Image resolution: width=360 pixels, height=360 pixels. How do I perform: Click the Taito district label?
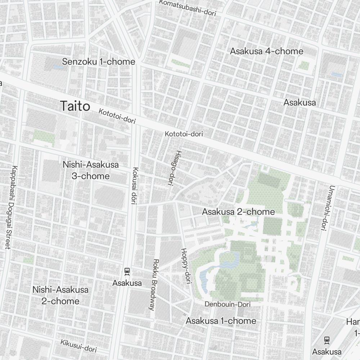point(75,106)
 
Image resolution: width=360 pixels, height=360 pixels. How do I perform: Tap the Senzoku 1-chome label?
point(98,62)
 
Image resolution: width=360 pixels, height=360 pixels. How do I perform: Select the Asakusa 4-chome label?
point(266,51)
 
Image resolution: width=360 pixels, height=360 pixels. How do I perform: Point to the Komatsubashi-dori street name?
point(187,8)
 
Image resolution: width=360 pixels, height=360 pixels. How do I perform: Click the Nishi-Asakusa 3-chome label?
point(90,170)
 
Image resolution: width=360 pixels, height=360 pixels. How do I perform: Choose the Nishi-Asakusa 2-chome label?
point(60,295)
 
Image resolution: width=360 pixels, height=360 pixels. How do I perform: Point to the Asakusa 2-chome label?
point(238,212)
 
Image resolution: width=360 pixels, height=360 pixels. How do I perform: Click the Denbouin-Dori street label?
point(227,304)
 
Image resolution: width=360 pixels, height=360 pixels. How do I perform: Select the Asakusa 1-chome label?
point(221,320)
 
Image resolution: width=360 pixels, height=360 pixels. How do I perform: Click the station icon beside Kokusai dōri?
point(127,271)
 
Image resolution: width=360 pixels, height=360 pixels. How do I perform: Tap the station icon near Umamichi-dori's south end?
point(327,339)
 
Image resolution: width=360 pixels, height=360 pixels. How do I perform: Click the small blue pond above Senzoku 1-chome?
point(58,67)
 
